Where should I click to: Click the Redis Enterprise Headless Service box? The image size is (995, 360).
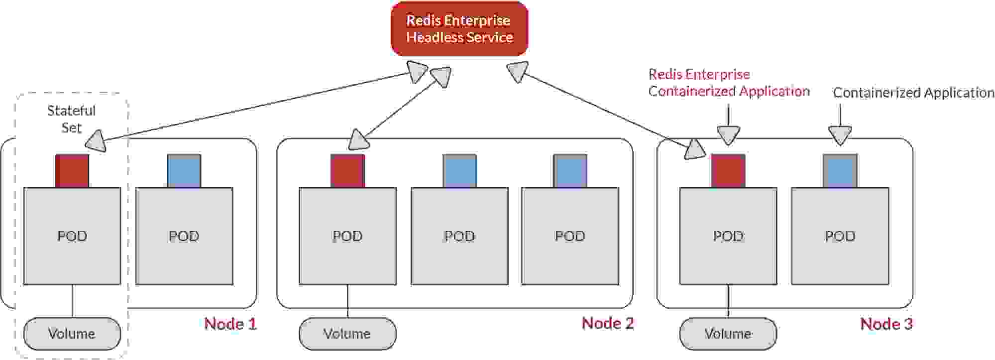pos(459,29)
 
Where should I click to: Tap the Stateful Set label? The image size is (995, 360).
pos(71,119)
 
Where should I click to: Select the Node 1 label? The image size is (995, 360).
pos(230,324)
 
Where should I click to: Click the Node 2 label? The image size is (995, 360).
pos(607,324)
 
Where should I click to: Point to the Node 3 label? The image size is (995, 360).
pos(886,324)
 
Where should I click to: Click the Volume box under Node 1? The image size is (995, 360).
pos(72,334)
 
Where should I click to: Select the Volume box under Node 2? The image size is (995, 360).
pos(347,334)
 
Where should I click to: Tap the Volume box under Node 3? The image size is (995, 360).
pos(728,334)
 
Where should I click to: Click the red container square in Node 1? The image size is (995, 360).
pos(72,171)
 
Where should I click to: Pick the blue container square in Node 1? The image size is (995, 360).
pos(184,171)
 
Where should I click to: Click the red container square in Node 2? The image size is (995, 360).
pos(347,171)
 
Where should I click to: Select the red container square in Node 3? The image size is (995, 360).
pos(728,171)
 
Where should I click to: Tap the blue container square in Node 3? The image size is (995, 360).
pos(840,171)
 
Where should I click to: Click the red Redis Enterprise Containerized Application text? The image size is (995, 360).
pos(728,83)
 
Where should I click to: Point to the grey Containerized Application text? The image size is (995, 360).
pos(913,93)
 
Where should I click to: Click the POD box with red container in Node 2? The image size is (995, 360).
pos(347,236)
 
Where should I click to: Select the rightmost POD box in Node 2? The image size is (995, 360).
pos(570,236)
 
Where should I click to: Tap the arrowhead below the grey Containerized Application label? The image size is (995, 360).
pos(840,135)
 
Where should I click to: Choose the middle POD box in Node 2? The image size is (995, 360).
pos(459,236)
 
